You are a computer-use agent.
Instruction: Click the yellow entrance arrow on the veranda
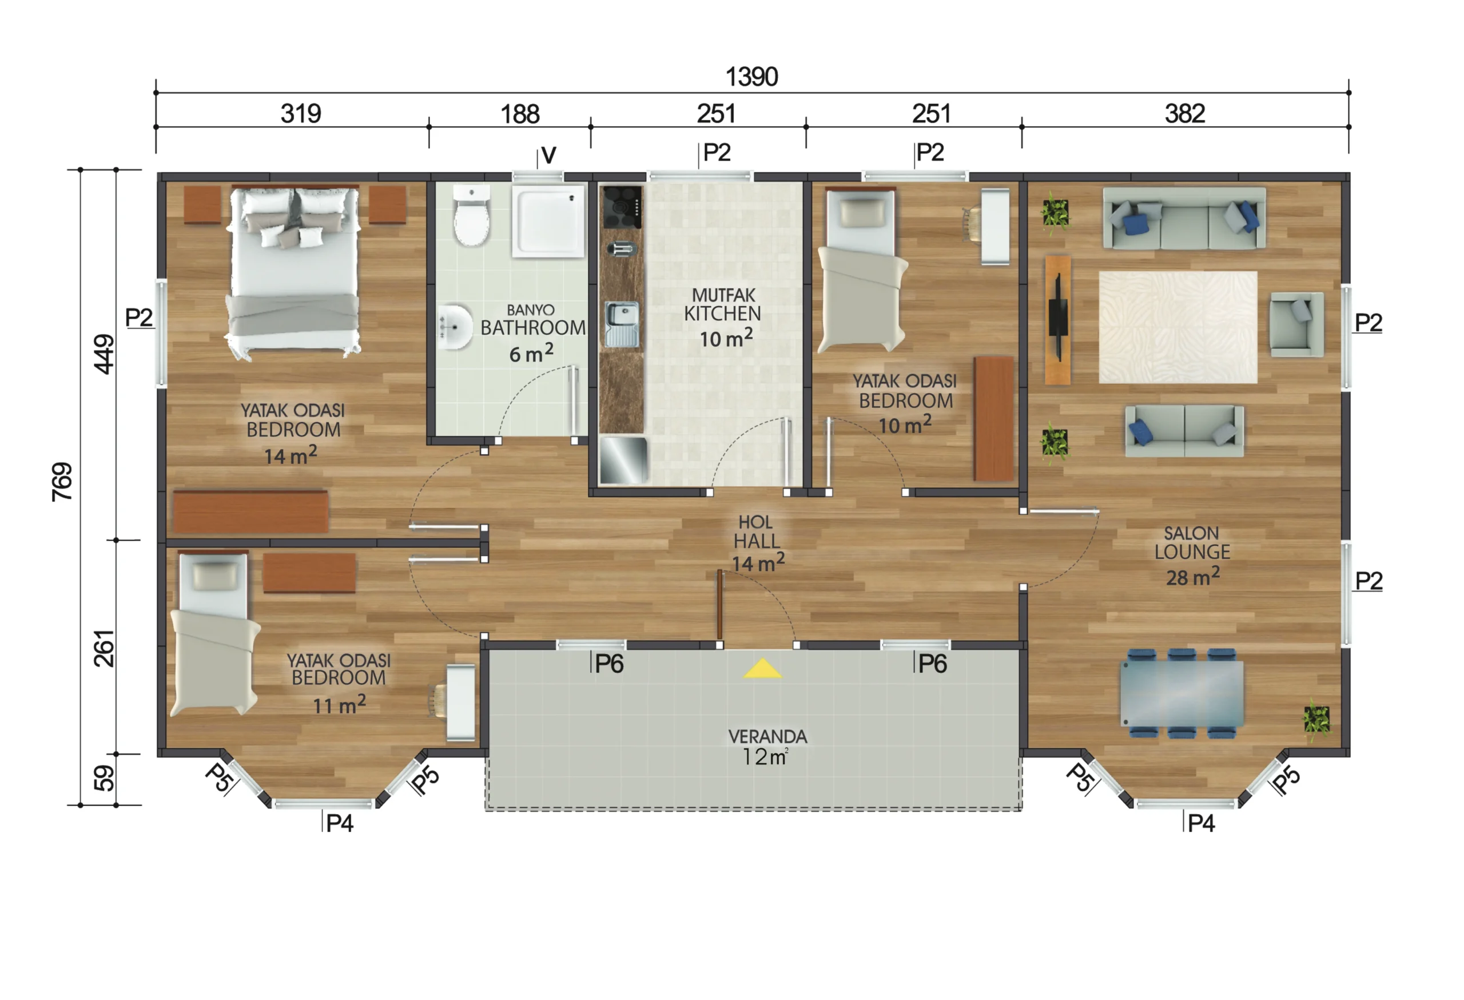(x=762, y=669)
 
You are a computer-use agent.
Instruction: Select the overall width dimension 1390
(x=751, y=77)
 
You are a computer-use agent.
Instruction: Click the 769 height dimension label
(x=62, y=482)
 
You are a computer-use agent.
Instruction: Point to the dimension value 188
(x=520, y=114)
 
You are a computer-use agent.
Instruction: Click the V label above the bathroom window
(x=548, y=155)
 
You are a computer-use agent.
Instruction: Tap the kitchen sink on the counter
(x=622, y=324)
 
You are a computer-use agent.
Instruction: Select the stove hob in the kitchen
(x=622, y=207)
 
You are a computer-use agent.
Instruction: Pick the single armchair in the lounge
(x=1296, y=324)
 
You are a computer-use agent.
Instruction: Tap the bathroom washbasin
(x=455, y=327)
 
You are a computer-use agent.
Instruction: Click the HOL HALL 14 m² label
(x=758, y=543)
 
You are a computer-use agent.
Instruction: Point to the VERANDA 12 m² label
(x=767, y=747)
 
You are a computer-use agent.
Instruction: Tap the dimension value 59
(x=105, y=778)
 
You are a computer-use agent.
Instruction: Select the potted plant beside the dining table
(x=1316, y=720)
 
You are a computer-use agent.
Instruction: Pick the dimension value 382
(x=1184, y=113)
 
